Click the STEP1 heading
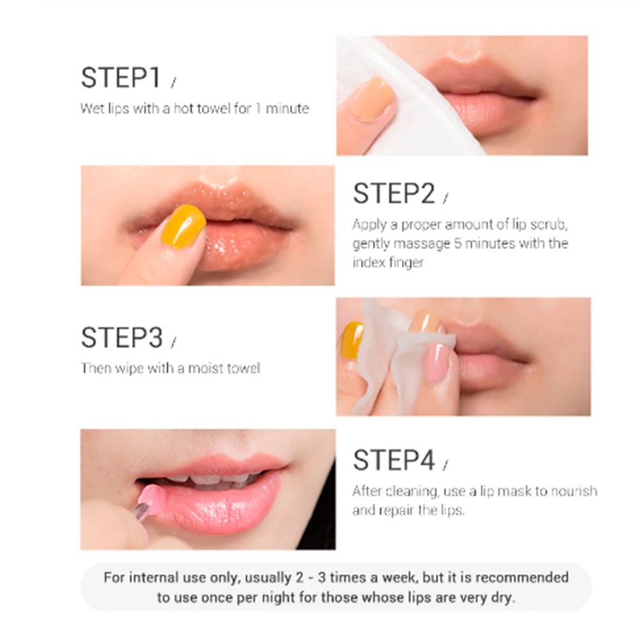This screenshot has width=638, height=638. coord(121,77)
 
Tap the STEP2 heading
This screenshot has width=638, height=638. coord(394,193)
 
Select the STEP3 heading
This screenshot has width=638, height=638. coord(122,337)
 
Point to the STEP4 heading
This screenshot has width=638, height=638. coord(394,460)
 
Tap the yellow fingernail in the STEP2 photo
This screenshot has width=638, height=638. coord(183,226)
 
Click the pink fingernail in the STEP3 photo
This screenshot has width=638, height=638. coord(436,363)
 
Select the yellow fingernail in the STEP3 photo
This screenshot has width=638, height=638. coord(352,340)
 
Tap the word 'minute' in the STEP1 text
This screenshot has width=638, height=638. coord(287,108)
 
